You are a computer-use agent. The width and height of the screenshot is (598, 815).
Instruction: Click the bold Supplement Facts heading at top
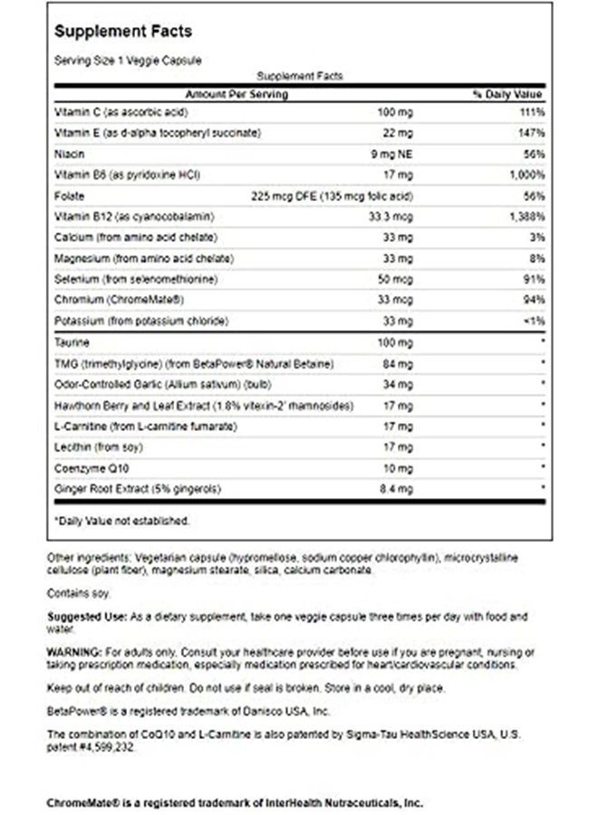click(x=123, y=32)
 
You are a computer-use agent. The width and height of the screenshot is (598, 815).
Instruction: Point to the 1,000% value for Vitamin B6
click(x=526, y=174)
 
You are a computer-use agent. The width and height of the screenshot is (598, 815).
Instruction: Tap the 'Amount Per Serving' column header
click(x=236, y=94)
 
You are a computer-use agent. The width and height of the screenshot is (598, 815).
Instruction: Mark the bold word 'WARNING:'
click(x=77, y=652)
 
